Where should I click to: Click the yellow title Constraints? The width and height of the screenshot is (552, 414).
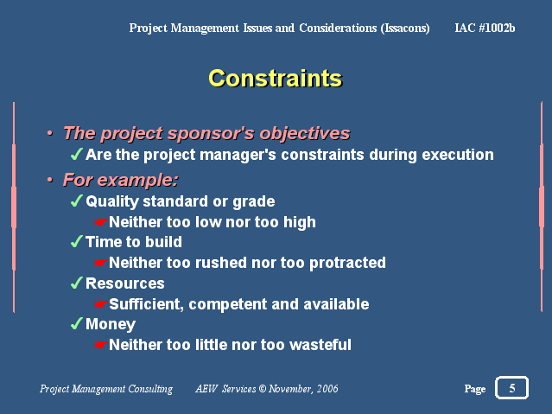275,78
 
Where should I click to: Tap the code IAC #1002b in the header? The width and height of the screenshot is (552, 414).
485,28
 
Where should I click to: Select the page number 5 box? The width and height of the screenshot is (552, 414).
511,387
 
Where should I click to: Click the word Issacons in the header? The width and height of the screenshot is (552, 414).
405,28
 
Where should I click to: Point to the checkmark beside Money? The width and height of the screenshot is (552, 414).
76,323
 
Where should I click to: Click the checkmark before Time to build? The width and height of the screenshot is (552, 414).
76,241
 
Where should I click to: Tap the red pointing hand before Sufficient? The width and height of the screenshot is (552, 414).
100,303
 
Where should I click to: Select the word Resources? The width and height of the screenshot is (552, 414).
125,283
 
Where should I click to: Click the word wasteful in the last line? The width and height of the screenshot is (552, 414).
320,345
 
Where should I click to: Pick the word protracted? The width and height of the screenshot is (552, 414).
347,263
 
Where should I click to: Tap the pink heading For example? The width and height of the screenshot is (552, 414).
120,180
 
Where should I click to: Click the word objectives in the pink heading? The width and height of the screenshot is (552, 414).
305,133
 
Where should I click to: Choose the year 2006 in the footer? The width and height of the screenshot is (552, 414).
327,388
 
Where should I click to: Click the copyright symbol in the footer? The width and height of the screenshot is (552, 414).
263,388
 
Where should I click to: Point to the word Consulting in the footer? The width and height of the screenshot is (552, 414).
150,389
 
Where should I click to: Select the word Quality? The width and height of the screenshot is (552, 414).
112,201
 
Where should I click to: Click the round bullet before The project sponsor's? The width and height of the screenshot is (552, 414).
50,133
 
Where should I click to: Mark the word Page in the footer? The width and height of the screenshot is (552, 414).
475,389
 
